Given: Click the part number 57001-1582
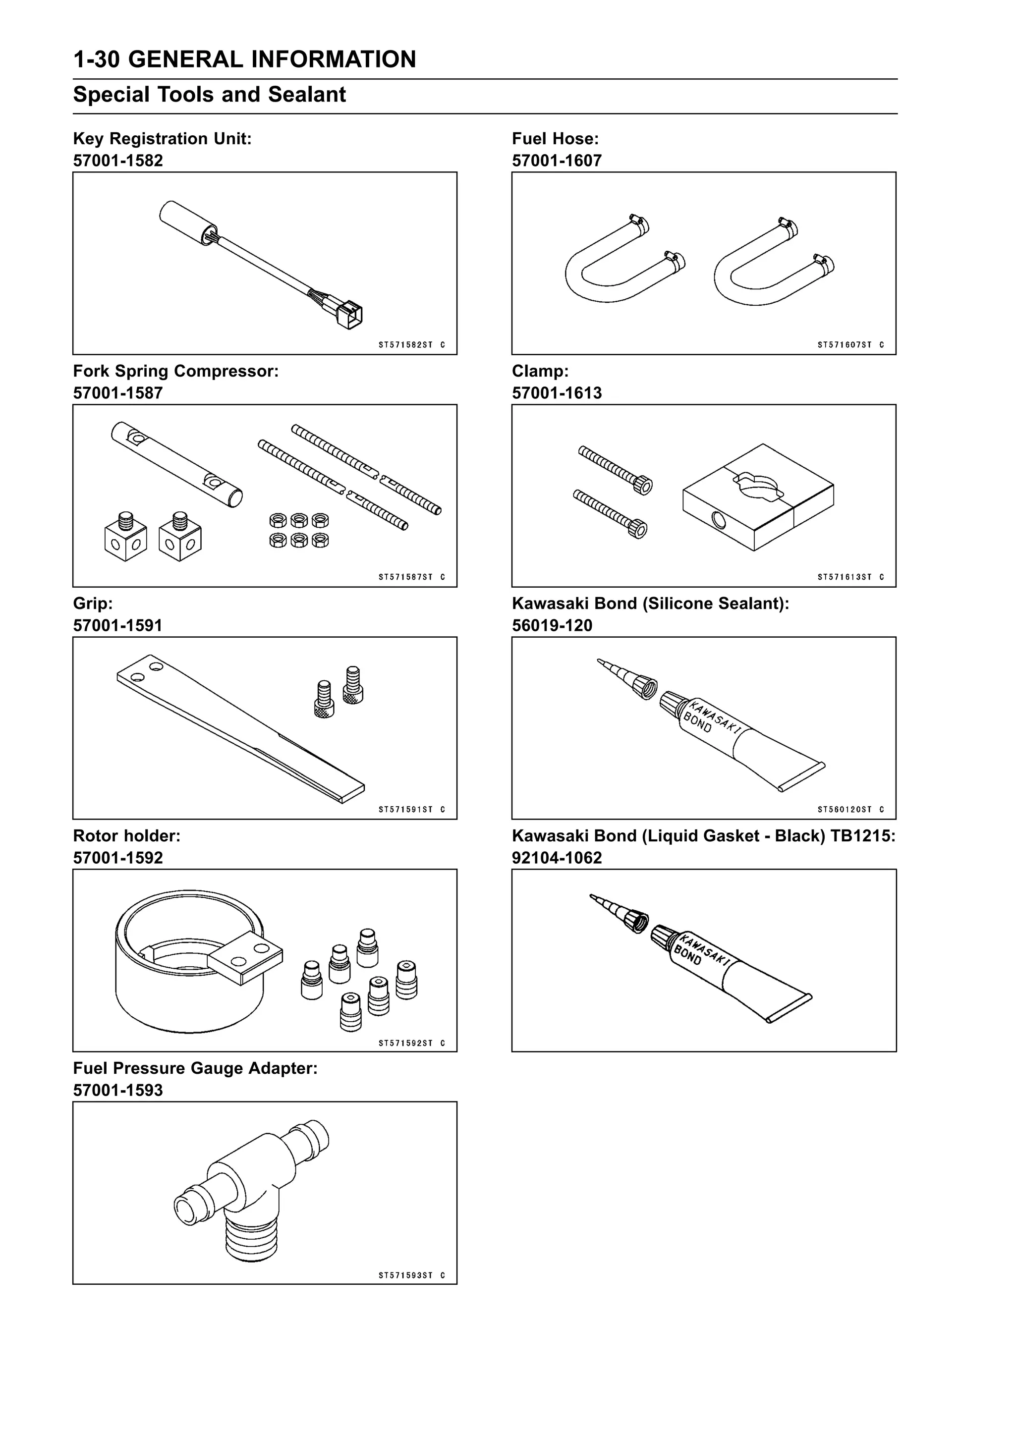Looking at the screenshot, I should [x=117, y=161].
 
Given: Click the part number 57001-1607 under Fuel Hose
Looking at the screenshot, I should [x=556, y=161].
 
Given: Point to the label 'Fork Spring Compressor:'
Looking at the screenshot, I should [x=175, y=371].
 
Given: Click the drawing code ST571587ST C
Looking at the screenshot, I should [x=411, y=577].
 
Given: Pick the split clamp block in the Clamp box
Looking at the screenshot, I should [x=758, y=498].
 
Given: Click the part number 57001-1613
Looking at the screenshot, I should [x=556, y=393].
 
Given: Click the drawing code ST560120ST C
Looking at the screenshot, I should [x=850, y=810].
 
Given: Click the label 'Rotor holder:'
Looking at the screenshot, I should [x=127, y=836].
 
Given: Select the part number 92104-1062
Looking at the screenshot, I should [x=556, y=858].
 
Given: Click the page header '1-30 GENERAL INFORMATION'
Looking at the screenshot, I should [x=244, y=59].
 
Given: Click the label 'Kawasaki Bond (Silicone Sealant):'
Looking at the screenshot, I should [x=650, y=604].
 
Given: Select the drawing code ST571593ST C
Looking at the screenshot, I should [x=411, y=1276].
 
